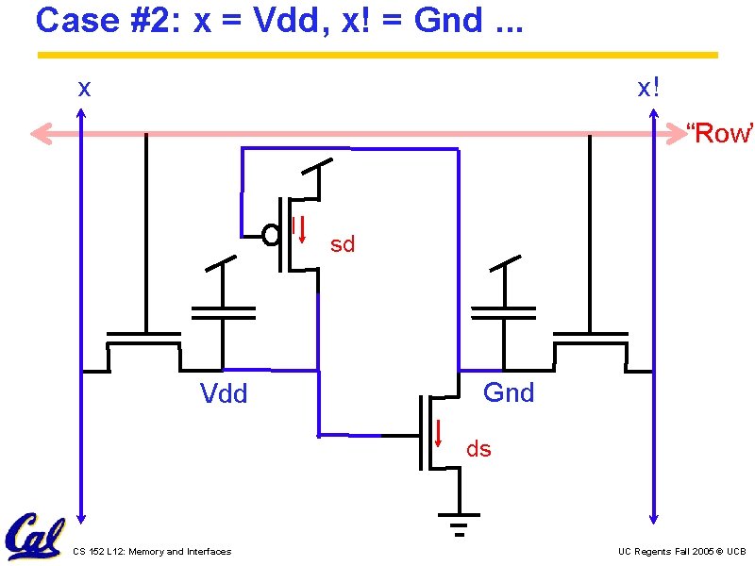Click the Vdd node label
pyautogui.click(x=224, y=393)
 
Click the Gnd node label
pyautogui.click(x=509, y=392)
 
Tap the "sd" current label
pyautogui.click(x=343, y=245)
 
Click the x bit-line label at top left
pyautogui.click(x=85, y=89)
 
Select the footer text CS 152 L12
pyautogui.click(x=151, y=552)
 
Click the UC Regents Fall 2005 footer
pyautogui.click(x=681, y=552)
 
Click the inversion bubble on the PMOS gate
pyautogui.click(x=270, y=233)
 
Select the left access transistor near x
pyautogui.click(x=144, y=344)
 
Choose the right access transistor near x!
pyautogui.click(x=590, y=344)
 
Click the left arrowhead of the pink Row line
pyautogui.click(x=38, y=134)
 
